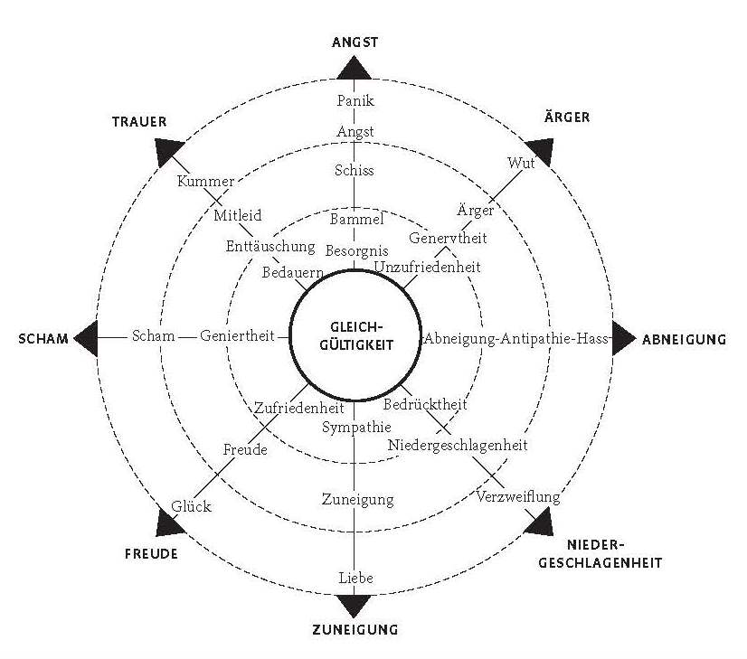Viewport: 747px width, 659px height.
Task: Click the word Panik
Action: tap(354, 100)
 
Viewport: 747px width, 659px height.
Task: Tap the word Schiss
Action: tap(354, 170)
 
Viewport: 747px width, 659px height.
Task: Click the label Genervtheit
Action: tap(448, 239)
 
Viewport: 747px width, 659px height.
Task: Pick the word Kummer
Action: tap(205, 181)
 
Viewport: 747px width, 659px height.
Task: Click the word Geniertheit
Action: tap(238, 337)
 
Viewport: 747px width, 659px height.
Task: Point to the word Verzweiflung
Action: tap(519, 497)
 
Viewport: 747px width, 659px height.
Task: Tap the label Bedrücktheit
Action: tap(425, 404)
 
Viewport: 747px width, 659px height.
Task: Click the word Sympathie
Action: tap(357, 427)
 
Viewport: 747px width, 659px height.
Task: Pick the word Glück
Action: tap(191, 506)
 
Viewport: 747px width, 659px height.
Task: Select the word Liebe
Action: tap(354, 578)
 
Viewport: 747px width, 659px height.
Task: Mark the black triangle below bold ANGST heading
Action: tap(354, 69)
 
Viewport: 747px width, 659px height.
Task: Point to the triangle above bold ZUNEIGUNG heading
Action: tap(354, 604)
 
